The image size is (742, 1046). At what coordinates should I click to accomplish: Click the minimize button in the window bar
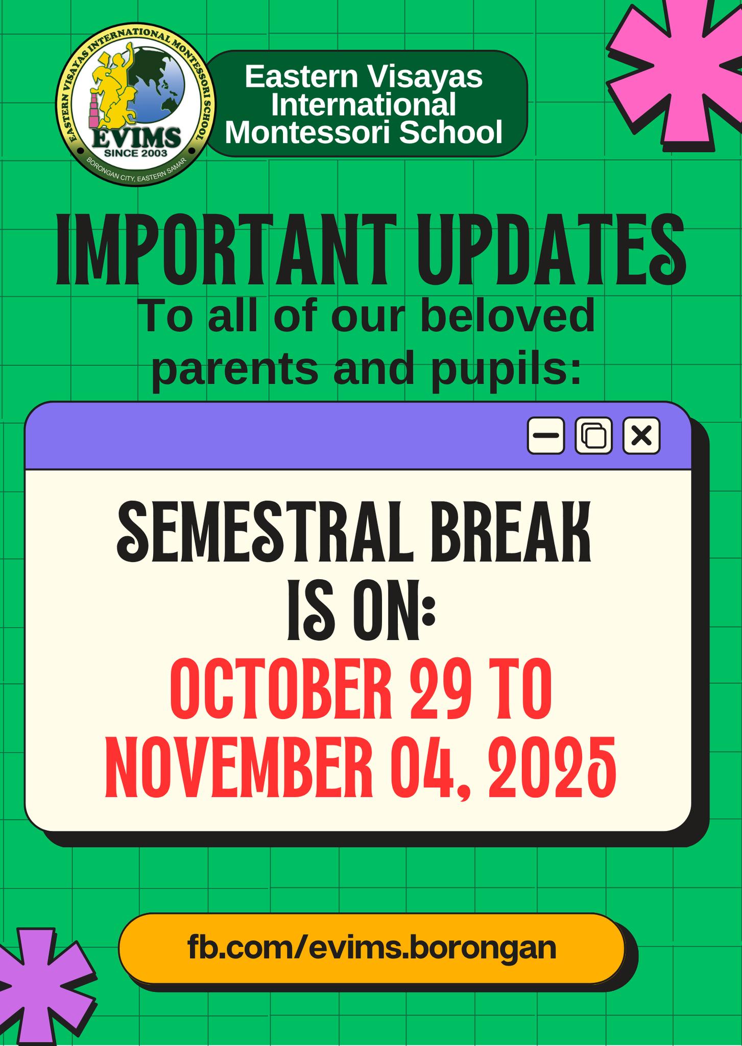(546, 436)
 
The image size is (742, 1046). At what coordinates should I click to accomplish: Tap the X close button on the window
(641, 436)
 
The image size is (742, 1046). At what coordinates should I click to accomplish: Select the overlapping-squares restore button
(593, 436)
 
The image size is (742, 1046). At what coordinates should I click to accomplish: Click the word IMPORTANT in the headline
(226, 250)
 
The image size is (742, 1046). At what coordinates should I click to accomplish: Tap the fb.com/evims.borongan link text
(371, 948)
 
